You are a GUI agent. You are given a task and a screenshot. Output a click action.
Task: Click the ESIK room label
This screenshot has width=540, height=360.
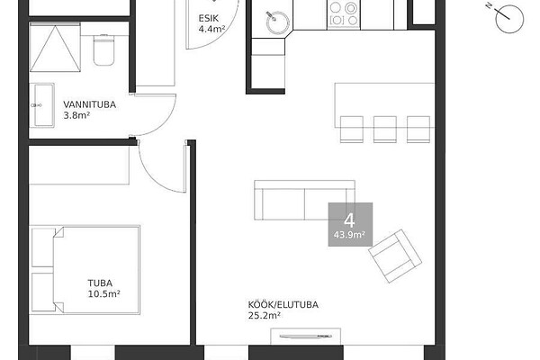coord(209,18)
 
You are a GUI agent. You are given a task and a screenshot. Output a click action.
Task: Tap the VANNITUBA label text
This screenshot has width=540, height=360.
coord(89,104)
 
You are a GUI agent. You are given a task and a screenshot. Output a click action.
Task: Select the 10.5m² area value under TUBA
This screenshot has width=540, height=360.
coord(104,294)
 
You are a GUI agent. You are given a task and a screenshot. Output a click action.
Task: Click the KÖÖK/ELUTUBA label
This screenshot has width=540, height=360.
coord(283,304)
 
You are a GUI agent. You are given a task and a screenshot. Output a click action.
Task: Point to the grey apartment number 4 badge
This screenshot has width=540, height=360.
coord(350,224)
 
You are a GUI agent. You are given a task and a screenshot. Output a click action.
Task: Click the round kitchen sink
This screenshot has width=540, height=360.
coord(277,22)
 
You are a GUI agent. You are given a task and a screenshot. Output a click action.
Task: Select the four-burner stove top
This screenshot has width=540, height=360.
coord(344,13)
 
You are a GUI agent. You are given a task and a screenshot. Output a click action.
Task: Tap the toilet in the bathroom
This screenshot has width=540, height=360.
coord(103,50)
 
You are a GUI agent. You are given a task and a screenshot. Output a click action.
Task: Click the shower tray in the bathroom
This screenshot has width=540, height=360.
coord(55,47)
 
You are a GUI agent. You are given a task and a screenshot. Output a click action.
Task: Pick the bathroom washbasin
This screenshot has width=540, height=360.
coord(44,105)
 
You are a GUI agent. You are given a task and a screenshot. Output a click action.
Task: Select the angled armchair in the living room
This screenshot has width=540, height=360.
coord(395,256)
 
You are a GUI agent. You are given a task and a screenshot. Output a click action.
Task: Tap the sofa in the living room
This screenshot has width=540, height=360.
coord(305,200)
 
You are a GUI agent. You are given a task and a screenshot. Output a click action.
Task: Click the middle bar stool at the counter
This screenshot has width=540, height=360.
coord(385,130)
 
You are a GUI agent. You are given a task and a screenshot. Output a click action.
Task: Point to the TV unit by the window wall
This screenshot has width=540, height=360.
coord(306,337)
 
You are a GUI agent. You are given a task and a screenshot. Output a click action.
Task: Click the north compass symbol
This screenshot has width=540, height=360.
coord(508,19)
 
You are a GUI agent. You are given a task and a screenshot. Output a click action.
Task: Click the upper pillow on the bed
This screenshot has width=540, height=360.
coord(43,247)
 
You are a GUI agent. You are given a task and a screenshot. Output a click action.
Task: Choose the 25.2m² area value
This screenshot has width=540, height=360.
coord(264,315)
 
